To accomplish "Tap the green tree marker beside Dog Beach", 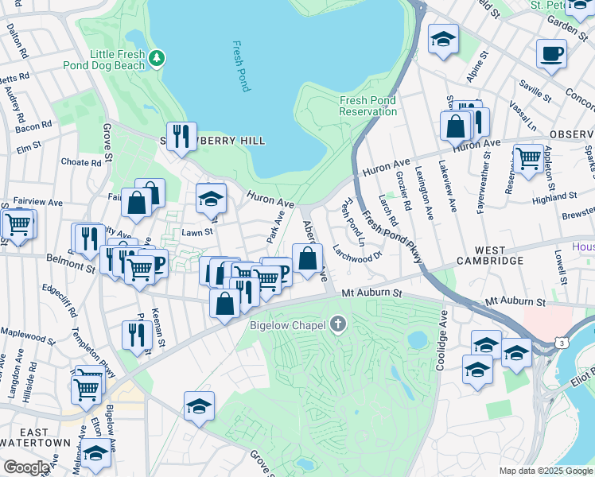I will point(157,56).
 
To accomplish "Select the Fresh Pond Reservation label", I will point(367,106).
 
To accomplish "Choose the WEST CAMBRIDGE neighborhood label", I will point(489,261).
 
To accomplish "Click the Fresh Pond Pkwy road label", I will point(390,236).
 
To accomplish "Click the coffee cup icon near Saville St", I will point(550,53).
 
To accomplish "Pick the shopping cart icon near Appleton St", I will point(528,158).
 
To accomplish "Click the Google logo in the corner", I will point(27,467).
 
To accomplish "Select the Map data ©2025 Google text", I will point(546,471).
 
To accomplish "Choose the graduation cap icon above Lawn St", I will point(212,199).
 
